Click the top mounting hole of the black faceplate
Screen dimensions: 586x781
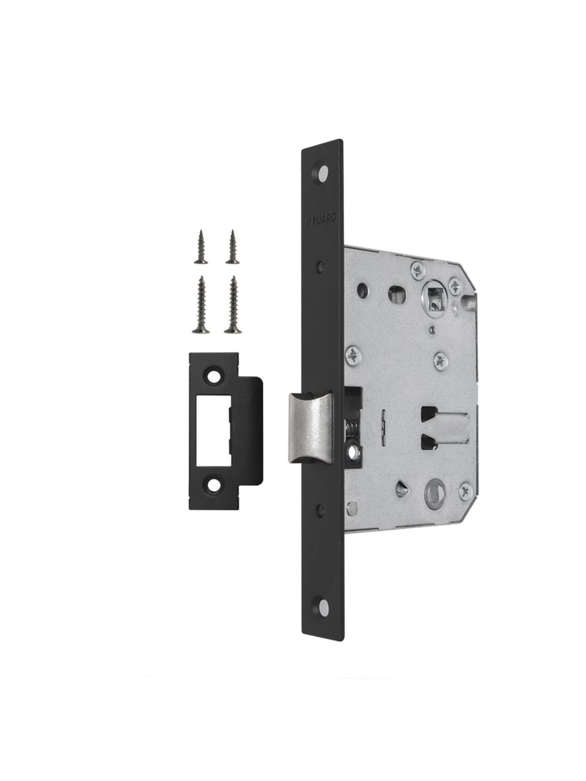[321, 173]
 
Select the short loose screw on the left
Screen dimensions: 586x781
[201, 247]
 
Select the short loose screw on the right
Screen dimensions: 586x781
[232, 247]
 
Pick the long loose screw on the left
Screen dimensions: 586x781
[201, 305]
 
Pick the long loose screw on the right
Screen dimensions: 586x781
[233, 305]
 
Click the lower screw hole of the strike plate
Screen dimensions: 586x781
[214, 485]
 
